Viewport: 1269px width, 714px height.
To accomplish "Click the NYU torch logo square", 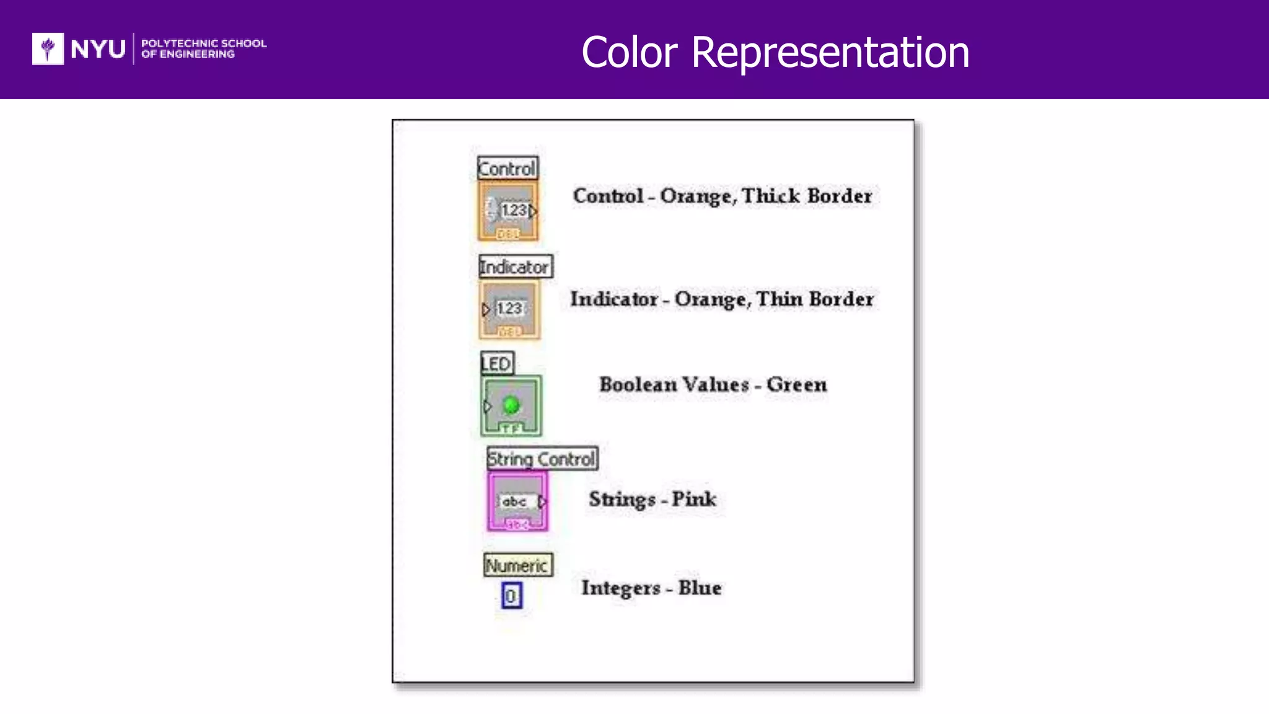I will click(x=48, y=48).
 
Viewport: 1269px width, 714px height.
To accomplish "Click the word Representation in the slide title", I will click(x=830, y=52).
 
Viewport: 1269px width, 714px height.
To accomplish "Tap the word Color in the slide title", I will click(x=629, y=52).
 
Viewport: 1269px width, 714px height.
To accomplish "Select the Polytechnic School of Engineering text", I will click(x=203, y=48).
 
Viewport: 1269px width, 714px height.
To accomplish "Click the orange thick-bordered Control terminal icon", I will click(x=508, y=211).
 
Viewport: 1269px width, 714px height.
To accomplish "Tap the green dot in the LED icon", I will click(x=511, y=405).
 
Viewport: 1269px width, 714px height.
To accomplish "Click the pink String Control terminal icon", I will click(x=517, y=501).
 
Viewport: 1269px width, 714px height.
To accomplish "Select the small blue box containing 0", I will click(x=511, y=596).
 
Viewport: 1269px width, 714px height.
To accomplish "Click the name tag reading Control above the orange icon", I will click(x=507, y=168).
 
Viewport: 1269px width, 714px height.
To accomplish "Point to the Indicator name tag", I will click(x=515, y=267).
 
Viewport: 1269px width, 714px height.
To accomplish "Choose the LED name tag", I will click(x=497, y=363).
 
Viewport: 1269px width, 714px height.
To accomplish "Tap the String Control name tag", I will click(x=542, y=459).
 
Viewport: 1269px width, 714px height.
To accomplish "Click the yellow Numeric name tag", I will click(x=517, y=565).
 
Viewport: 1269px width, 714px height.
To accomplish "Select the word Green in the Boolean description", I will click(x=796, y=384).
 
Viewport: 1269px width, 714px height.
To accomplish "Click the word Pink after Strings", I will click(x=693, y=499).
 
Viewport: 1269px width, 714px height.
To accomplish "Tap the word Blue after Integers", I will click(x=700, y=588).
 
